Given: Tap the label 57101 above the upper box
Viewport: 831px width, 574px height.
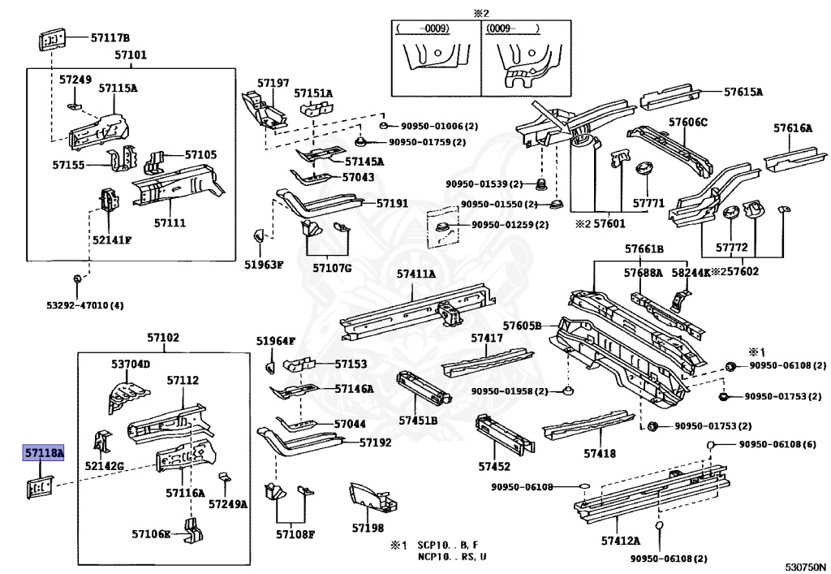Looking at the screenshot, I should point(130,56).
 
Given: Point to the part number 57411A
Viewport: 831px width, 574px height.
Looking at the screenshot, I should point(415,275).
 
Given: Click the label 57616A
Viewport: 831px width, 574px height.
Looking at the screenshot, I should point(792,127).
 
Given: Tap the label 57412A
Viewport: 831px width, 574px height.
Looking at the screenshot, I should point(620,540).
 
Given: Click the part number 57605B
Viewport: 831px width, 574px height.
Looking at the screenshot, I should point(521,326).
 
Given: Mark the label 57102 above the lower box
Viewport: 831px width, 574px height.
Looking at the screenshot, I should point(163,338).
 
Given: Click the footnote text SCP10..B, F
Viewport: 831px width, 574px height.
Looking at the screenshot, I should point(447,545).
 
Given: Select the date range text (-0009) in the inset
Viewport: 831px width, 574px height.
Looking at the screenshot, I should point(422,28).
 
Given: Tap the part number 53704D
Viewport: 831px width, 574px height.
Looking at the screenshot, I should point(131,364).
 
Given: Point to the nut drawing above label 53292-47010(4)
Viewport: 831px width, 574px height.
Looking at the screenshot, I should point(77,279).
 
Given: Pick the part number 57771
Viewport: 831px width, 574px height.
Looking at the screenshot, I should point(648,202).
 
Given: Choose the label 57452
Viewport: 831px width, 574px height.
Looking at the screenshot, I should point(493,466).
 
